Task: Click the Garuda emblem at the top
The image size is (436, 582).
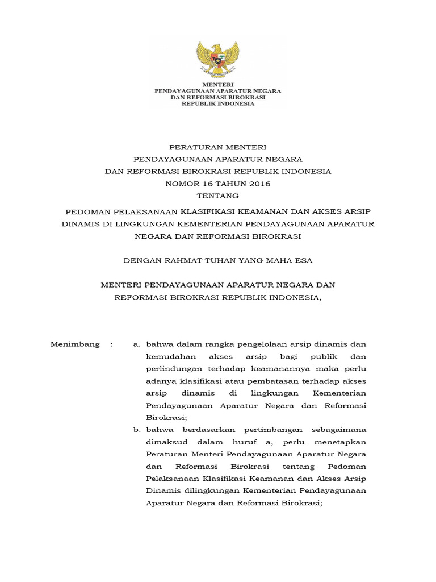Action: click(217, 60)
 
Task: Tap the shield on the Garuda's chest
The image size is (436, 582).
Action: click(217, 59)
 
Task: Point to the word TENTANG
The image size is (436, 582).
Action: click(217, 196)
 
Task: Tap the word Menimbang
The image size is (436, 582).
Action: click(75, 344)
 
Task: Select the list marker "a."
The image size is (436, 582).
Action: click(136, 344)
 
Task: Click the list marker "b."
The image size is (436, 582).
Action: click(137, 430)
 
